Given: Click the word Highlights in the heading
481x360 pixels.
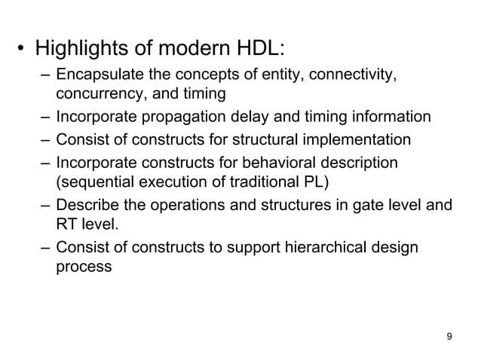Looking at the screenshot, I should click(82, 50).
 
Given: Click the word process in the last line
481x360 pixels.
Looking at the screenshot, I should click(84, 266).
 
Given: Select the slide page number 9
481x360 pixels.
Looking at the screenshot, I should click(450, 336).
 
